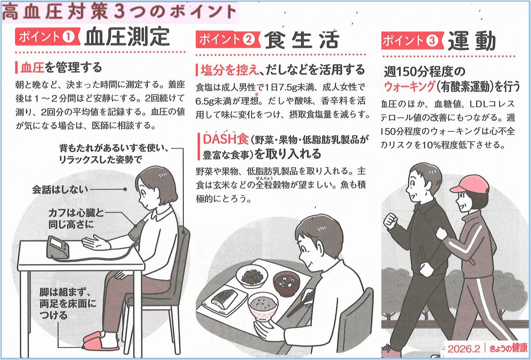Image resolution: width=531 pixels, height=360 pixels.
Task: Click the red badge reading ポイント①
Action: (x=48, y=37)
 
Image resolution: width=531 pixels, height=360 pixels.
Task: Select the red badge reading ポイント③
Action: (x=412, y=41)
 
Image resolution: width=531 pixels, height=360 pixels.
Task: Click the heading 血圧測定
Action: (x=127, y=37)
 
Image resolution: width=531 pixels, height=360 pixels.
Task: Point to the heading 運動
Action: (x=472, y=41)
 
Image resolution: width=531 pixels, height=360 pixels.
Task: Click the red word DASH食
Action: (x=225, y=139)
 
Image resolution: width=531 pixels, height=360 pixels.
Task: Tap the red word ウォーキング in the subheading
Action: (x=410, y=86)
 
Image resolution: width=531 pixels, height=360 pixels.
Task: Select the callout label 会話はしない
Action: (x=60, y=190)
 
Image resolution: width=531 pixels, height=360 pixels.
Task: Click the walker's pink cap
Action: (x=470, y=184)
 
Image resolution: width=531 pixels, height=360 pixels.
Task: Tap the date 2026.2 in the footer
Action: (x=464, y=349)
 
